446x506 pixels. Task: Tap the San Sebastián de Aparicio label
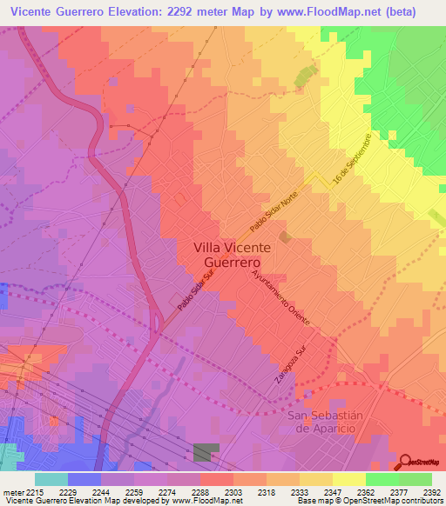coord(322,423)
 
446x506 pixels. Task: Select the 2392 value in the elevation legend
coord(431,491)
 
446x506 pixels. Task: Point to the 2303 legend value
coord(233,491)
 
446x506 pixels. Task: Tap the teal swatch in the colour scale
coord(51,479)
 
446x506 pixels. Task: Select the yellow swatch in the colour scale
coord(348,479)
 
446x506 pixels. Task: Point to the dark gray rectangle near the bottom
coord(206,452)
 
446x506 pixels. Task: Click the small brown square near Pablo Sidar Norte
coord(285,236)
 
